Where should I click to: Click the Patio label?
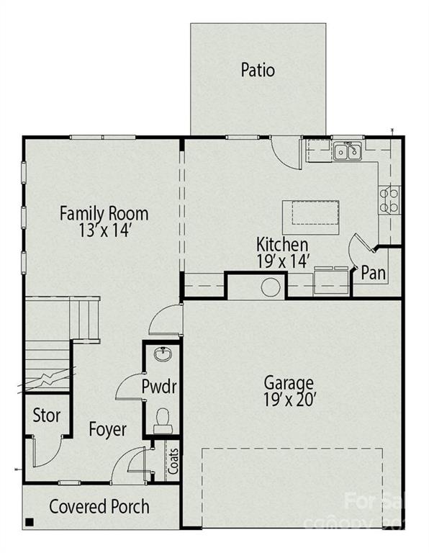pyautogui.click(x=258, y=71)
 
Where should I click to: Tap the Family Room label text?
pyautogui.click(x=104, y=213)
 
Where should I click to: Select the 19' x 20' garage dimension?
pyautogui.click(x=288, y=398)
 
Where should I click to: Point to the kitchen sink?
pyautogui.click(x=347, y=152)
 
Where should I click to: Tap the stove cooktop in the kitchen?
pyautogui.click(x=389, y=199)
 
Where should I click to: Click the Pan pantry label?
pyautogui.click(x=374, y=273)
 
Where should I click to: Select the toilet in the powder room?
pyautogui.click(x=163, y=418)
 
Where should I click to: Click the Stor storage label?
pyautogui.click(x=46, y=415)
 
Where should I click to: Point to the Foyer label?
pyautogui.click(x=107, y=430)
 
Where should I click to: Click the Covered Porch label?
pyautogui.click(x=99, y=506)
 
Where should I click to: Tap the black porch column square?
pyautogui.click(x=30, y=522)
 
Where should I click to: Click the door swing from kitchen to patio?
pyautogui.click(x=286, y=150)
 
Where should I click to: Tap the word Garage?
pyautogui.click(x=288, y=382)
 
